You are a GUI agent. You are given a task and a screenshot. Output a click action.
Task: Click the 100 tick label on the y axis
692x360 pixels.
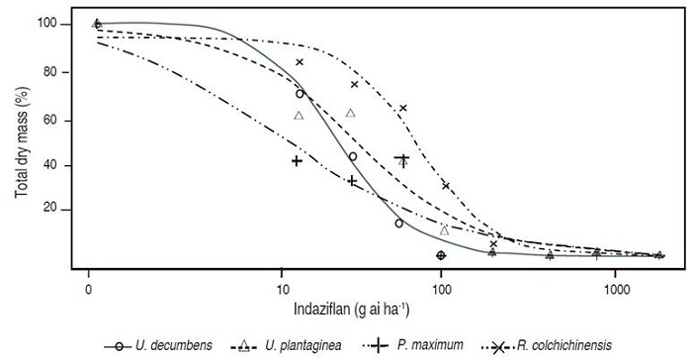tap(58, 24)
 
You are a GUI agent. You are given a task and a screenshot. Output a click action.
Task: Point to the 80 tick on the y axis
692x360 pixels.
tap(62, 72)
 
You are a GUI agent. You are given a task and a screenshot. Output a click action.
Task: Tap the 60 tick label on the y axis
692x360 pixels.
tap(62, 119)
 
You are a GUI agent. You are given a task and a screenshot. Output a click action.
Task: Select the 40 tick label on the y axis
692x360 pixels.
tap(62, 164)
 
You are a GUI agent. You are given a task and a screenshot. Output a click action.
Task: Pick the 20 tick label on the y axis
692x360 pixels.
tap(62, 210)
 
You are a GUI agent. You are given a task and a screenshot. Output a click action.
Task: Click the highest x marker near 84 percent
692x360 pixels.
tap(300, 62)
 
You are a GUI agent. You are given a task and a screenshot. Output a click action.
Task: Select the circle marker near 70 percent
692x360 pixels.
tap(300, 94)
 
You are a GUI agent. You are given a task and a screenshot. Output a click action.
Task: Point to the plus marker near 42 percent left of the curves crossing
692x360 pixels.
tap(297, 160)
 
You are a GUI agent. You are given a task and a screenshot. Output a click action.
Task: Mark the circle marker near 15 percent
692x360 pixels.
tap(399, 224)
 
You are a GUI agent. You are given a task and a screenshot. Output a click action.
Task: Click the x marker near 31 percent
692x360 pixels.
tap(446, 185)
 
